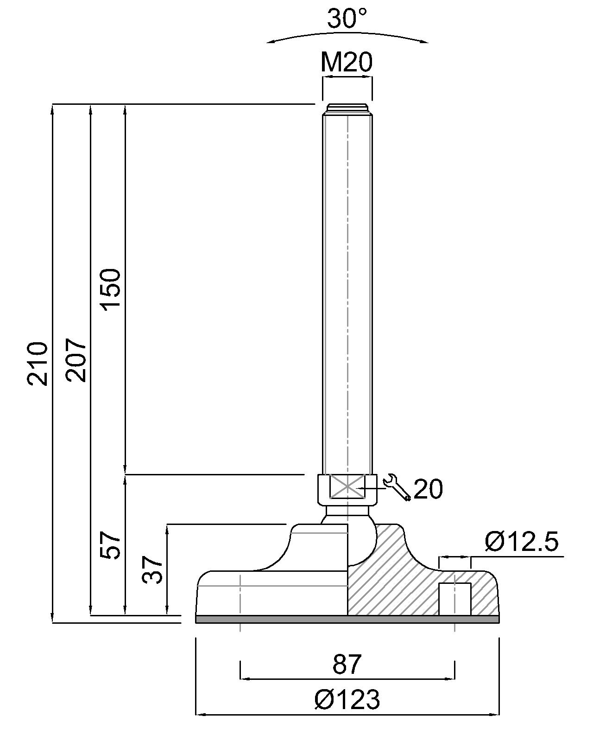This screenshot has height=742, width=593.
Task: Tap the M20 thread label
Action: [347, 63]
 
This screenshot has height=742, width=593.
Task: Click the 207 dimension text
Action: [76, 360]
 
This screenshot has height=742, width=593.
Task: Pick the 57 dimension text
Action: [111, 545]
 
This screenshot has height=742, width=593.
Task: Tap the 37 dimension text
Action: [153, 569]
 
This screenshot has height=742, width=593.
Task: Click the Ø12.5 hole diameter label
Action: [522, 542]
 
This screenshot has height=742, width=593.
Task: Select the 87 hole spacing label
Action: [347, 664]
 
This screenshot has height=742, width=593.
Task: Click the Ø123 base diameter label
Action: [347, 699]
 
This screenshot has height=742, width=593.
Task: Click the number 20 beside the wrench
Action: [428, 489]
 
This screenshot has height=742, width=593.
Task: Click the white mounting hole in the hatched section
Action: [454, 599]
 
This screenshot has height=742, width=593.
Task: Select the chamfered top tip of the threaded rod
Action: [347, 109]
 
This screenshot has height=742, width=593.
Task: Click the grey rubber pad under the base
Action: [347, 619]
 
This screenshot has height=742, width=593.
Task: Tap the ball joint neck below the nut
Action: [347, 512]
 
